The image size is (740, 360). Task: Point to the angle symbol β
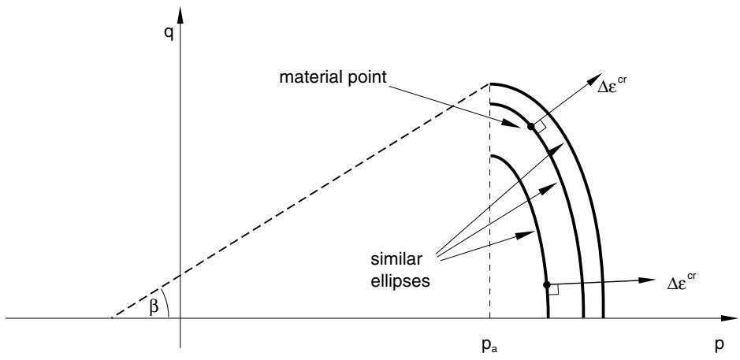[x=153, y=308]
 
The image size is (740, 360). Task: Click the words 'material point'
[x=333, y=77]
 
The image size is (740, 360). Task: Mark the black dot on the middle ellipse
[x=531, y=127]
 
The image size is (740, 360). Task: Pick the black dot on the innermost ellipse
[x=547, y=285]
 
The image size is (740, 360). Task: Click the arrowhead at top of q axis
[x=180, y=16]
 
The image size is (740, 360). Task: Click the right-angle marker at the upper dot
[x=540, y=125]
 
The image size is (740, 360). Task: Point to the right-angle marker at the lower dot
[x=553, y=289]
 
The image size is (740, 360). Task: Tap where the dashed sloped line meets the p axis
[x=111, y=318]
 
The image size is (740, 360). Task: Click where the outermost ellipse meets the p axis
[x=604, y=318]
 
